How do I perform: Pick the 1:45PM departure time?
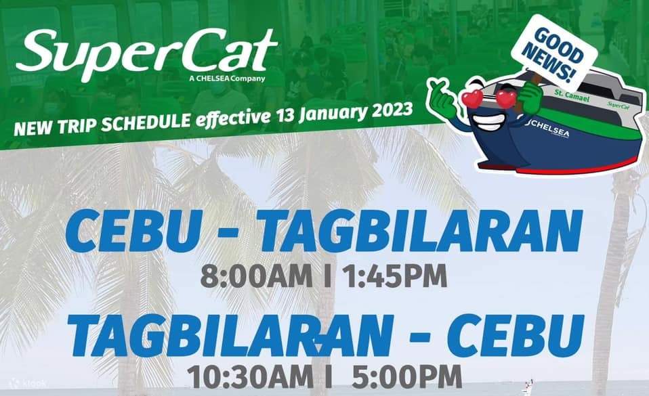pyautogui.click(x=392, y=277)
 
